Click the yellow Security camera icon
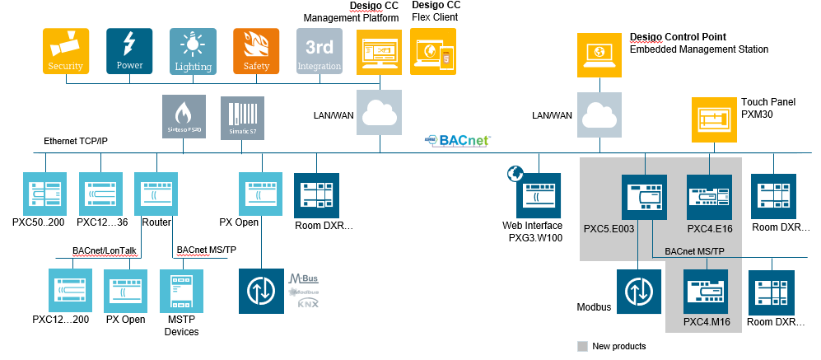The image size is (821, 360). pyautogui.click(x=66, y=51)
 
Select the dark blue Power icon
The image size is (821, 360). pyautogui.click(x=129, y=51)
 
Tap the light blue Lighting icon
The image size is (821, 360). pyautogui.click(x=193, y=51)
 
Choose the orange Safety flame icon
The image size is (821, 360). pyautogui.click(x=256, y=51)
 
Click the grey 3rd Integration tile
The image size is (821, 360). pyautogui.click(x=320, y=51)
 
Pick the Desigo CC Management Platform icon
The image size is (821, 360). pyautogui.click(x=380, y=51)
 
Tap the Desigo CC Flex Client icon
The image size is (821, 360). pyautogui.click(x=433, y=51)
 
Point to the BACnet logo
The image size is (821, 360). pyautogui.click(x=458, y=141)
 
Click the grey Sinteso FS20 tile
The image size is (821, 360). pyautogui.click(x=184, y=117)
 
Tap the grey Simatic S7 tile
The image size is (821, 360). pyautogui.click(x=243, y=117)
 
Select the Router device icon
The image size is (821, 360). pyautogui.click(x=156, y=194)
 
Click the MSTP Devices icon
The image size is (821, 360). pyautogui.click(x=183, y=292)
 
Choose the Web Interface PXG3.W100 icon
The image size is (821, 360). pyautogui.click(x=539, y=195)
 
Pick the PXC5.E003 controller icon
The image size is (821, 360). pyautogui.click(x=644, y=196)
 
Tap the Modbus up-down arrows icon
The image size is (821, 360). pyautogui.click(x=638, y=292)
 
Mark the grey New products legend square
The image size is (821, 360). pyautogui.click(x=583, y=346)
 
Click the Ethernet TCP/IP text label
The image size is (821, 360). pyautogui.click(x=76, y=142)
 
